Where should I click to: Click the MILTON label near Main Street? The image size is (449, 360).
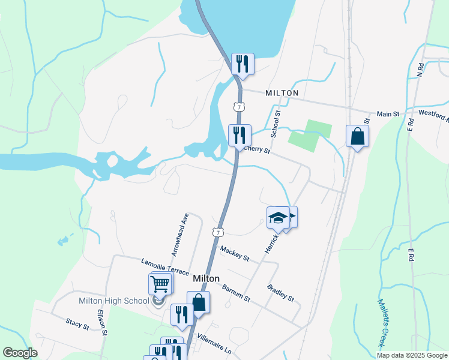click(282, 93)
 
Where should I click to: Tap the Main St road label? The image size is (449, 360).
click(388, 113)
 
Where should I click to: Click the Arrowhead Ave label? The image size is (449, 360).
click(180, 235)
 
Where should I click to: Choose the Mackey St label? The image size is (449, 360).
click(235, 253)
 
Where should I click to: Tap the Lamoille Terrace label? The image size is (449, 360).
click(165, 267)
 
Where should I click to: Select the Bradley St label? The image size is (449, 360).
click(281, 293)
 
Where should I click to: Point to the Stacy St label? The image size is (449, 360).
click(78, 324)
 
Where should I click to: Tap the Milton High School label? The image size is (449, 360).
click(114, 301)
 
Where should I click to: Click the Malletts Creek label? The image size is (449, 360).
click(382, 322)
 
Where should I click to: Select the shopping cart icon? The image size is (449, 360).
click(160, 283)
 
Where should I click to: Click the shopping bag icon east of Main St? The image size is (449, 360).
click(357, 136)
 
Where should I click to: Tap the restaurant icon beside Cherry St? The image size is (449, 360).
click(240, 135)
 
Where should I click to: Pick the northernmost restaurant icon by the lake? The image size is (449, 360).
click(243, 64)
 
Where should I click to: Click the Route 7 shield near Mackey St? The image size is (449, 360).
click(218, 232)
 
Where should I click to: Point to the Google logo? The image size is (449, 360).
click(20, 353)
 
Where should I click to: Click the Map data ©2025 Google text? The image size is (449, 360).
click(411, 355)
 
